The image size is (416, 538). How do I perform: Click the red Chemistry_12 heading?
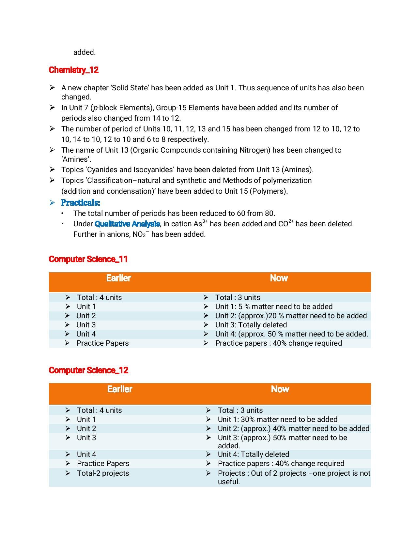pyautogui.click(x=73, y=70)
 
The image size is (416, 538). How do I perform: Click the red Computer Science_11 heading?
pyautogui.click(x=88, y=259)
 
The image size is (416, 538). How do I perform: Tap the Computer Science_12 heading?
pyautogui.click(x=88, y=370)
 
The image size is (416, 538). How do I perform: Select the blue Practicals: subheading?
pyautogui.click(x=80, y=202)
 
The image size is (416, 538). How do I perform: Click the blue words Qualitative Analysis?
pyautogui.click(x=127, y=224)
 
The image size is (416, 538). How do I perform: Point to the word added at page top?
pyautogui.click(x=84, y=52)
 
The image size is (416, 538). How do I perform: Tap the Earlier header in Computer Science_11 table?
pyautogui.click(x=118, y=278)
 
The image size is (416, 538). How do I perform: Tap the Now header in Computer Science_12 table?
pyautogui.click(x=280, y=389)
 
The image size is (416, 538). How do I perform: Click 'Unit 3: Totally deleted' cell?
pyautogui.click(x=251, y=325)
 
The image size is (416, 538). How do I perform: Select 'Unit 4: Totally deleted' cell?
pyautogui.click(x=253, y=454)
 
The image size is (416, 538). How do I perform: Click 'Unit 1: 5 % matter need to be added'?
pyautogui.click(x=273, y=306)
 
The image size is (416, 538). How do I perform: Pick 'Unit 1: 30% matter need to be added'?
pyautogui.click(x=277, y=419)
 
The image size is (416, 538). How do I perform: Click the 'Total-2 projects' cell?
pyautogui.click(x=103, y=473)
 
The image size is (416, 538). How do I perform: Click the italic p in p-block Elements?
pyautogui.click(x=95, y=108)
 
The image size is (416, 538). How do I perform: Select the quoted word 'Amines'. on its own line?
pyautogui.click(x=76, y=159)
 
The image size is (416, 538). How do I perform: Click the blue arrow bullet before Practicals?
pyautogui.click(x=52, y=202)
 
